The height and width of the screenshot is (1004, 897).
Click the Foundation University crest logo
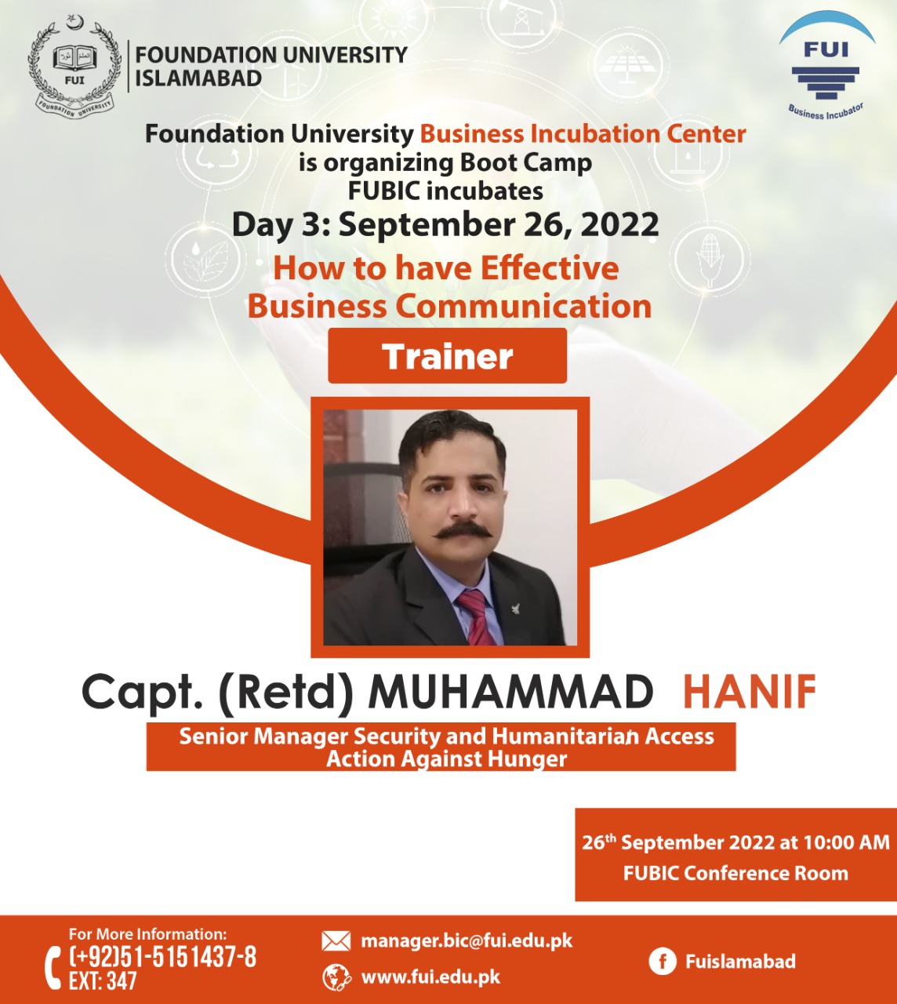click(74, 67)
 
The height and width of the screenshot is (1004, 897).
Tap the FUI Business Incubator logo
click(826, 67)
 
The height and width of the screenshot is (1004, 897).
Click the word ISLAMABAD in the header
click(198, 78)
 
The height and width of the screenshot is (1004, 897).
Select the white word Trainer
click(447, 356)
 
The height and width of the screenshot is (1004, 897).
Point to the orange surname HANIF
click(750, 692)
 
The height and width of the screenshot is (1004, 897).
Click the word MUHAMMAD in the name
click(510, 692)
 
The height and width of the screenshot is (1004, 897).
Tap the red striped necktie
click(477, 617)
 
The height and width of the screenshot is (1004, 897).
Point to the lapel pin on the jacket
click(517, 608)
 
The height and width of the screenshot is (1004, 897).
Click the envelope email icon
click(336, 940)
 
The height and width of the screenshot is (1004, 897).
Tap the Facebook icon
click(663, 962)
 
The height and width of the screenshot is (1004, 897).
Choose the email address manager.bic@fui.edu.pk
click(467, 940)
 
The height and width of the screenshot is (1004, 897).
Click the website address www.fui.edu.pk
click(431, 978)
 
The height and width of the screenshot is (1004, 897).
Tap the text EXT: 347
click(103, 981)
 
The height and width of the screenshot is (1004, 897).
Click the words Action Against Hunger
click(446, 759)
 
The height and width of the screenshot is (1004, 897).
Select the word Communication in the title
click(523, 306)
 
